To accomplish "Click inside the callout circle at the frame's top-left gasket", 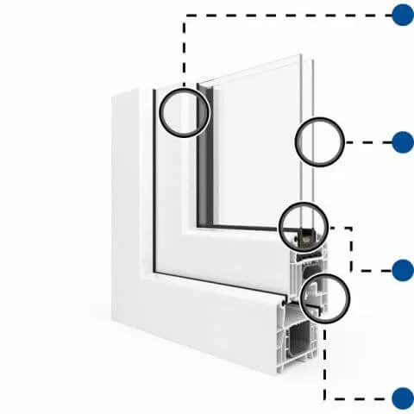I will pyautogui.click(x=184, y=111).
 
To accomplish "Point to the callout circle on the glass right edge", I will pyautogui.click(x=319, y=142).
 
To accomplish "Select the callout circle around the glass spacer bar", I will pyautogui.click(x=304, y=227).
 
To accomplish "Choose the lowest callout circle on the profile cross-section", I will pyautogui.click(x=327, y=298).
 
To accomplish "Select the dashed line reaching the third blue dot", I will pyautogui.click(x=352, y=250).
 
